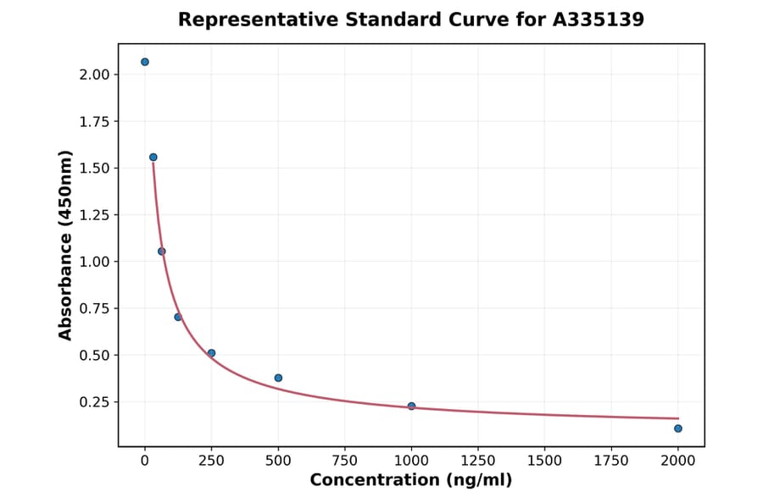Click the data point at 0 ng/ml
coord(145,62)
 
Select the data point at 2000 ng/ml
coord(678,428)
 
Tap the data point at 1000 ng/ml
coord(411,406)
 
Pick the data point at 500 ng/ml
coord(278,378)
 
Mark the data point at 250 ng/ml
coord(211,353)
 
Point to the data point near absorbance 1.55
coord(153,157)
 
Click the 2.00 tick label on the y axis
coord(95,75)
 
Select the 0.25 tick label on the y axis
coord(95,402)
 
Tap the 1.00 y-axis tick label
coord(95,262)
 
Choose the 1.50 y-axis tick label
coord(95,169)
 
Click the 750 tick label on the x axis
coord(344,461)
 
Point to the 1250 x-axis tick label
coord(477,461)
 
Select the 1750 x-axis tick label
coord(611,461)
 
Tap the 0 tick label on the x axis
coord(145,461)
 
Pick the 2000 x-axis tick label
coord(678,461)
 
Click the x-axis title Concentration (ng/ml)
coord(411,480)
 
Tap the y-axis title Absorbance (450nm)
coord(66,245)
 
